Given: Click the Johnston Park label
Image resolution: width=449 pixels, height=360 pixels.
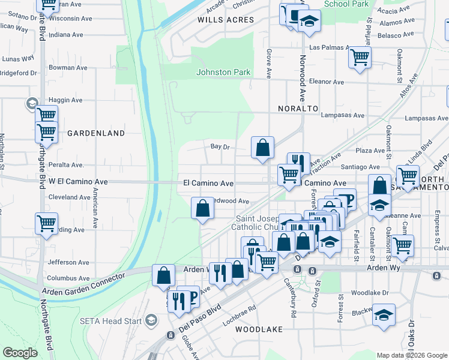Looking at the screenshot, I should [x=223, y=72].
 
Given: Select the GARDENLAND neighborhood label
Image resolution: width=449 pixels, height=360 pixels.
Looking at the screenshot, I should [x=96, y=133].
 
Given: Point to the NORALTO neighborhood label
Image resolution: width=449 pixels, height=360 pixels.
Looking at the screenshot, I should [x=298, y=109].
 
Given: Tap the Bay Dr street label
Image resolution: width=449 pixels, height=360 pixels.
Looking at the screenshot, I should [x=220, y=146].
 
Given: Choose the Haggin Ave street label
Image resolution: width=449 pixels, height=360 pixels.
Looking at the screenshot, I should [x=65, y=100].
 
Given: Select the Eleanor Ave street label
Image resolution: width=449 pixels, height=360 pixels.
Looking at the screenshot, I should [x=326, y=82].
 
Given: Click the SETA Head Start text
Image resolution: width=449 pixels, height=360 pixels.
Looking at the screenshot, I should [x=111, y=321].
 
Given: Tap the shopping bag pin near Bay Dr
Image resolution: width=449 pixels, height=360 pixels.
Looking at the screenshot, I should [x=262, y=147].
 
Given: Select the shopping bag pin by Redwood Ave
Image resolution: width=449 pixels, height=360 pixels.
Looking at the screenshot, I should [x=203, y=208].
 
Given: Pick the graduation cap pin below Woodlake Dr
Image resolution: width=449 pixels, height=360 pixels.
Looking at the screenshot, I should [x=384, y=315].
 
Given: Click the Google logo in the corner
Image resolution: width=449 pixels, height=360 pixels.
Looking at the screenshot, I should [x=20, y=353].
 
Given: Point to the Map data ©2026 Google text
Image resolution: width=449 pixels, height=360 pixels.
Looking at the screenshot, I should [x=411, y=355].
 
